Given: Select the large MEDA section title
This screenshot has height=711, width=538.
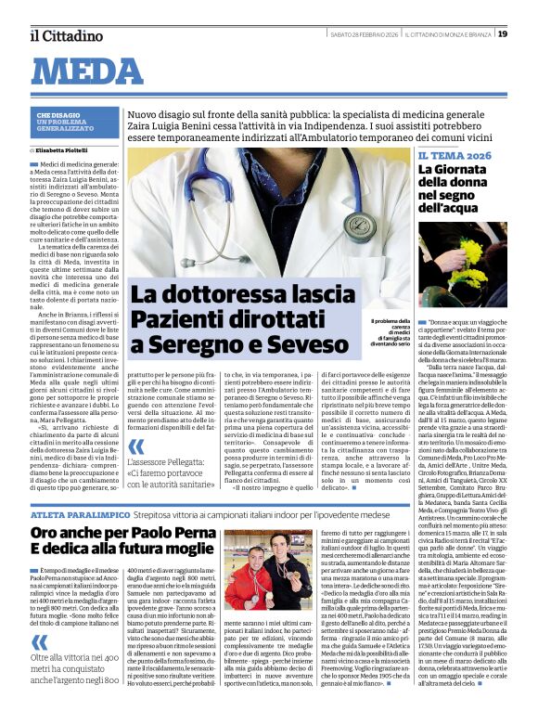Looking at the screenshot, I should coord(93,71).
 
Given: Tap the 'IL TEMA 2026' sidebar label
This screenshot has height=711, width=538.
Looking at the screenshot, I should coord(454,156).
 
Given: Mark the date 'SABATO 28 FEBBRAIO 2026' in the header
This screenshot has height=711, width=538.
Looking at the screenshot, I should coord(365,35).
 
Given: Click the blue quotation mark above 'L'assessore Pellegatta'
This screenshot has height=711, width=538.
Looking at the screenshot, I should coord(136,446).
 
